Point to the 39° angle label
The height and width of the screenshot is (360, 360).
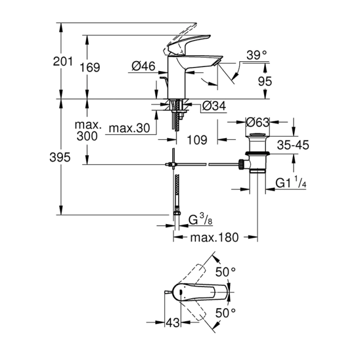(x=256, y=55)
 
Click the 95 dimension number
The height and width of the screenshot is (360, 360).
(x=265, y=82)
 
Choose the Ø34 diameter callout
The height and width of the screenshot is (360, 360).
(x=215, y=106)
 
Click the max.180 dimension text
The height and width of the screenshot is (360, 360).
(x=215, y=238)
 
